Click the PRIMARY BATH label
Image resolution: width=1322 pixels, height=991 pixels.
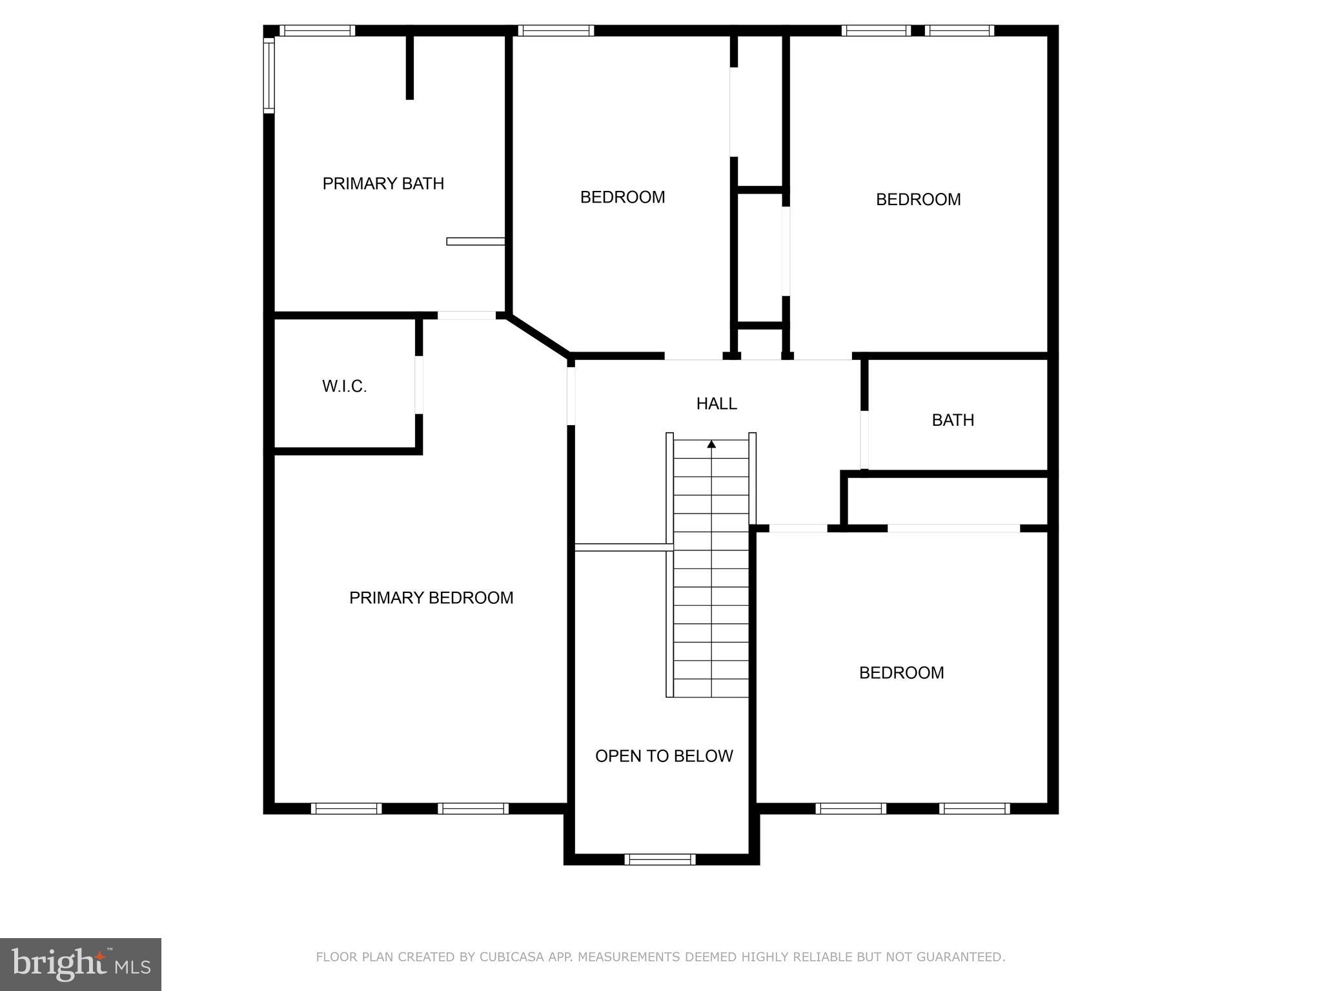(x=383, y=184)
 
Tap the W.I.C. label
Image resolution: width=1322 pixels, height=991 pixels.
(x=344, y=386)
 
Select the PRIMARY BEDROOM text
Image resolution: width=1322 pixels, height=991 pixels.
(x=431, y=598)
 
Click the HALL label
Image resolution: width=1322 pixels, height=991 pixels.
(x=716, y=404)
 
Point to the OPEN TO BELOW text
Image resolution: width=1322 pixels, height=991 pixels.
(x=664, y=756)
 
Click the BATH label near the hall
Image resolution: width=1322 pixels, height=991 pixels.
(x=953, y=421)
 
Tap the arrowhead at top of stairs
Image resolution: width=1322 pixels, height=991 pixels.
(x=711, y=445)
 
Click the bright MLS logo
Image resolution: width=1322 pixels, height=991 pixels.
(x=80, y=965)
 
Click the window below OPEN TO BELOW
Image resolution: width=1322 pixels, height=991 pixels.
(x=660, y=859)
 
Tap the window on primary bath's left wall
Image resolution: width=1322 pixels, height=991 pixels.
(x=269, y=75)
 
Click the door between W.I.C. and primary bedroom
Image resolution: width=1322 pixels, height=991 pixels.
(x=419, y=385)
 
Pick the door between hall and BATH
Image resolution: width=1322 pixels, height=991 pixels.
(x=864, y=439)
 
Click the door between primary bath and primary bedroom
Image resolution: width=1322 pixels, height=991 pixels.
(x=467, y=315)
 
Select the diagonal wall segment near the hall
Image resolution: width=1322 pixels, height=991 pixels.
(x=538, y=335)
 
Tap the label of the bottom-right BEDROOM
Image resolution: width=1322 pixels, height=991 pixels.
(x=901, y=673)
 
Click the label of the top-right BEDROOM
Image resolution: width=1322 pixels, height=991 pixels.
(x=918, y=199)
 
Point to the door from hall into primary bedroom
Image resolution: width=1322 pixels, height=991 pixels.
(x=571, y=395)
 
